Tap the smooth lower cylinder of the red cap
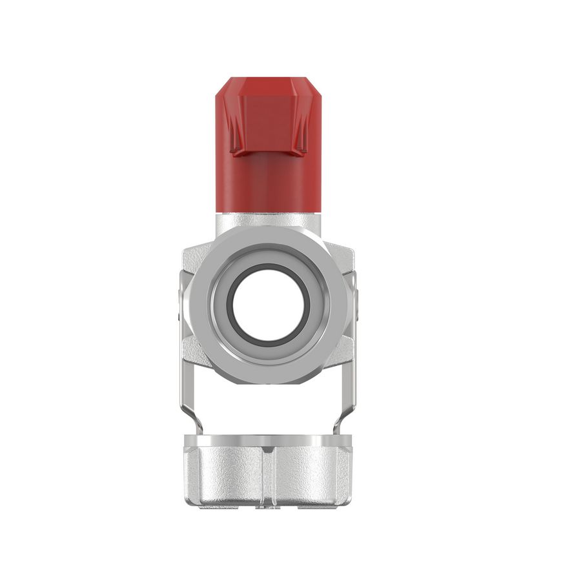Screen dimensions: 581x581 tap(268, 184)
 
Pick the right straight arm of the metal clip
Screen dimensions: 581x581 tap(352, 362)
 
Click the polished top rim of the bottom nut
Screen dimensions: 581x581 tap(268, 441)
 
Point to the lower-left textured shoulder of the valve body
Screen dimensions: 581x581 tap(195, 352)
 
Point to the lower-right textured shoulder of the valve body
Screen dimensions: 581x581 tap(341, 352)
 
